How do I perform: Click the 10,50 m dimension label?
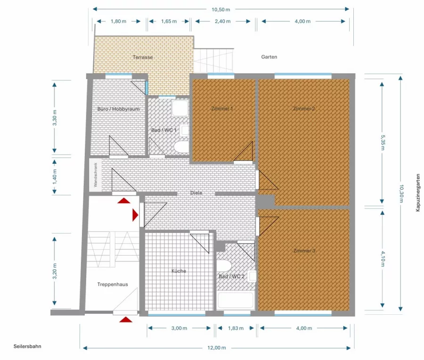220,10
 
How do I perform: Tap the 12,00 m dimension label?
217,348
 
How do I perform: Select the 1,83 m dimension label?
236,328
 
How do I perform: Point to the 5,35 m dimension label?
383,142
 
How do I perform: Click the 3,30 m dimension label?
55,118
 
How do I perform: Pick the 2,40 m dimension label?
222,21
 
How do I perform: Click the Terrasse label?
143,57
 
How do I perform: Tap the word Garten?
269,57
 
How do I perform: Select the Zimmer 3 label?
304,251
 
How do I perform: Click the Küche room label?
179,271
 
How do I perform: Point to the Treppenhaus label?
113,284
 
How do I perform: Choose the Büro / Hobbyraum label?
118,109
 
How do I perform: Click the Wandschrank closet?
96,175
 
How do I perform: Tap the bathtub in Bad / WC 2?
236,300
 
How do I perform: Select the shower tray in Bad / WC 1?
180,108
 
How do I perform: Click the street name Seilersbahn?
27,346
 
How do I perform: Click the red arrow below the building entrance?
126,320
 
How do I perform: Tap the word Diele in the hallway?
196,193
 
